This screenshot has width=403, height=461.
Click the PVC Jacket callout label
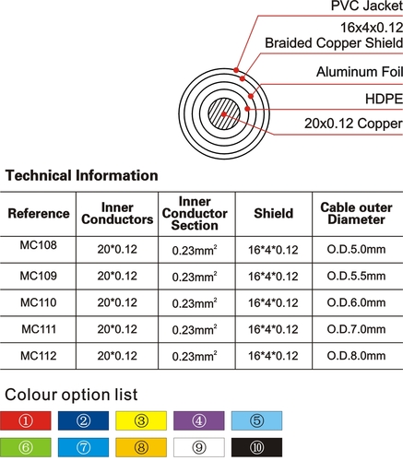tap(367, 6)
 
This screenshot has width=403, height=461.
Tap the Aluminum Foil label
tap(360, 72)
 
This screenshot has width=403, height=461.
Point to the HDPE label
tap(384, 99)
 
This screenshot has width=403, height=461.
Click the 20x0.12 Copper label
tap(353, 124)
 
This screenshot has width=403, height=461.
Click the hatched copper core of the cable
tap(224, 114)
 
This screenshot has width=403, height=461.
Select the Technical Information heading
tap(82, 175)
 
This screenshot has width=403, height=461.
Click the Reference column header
tap(39, 213)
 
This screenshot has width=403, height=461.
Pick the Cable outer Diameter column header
tap(356, 213)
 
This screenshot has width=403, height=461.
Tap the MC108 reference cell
tap(39, 245)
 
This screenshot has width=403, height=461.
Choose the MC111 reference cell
tap(39, 329)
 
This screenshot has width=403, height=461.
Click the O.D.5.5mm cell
tap(356, 276)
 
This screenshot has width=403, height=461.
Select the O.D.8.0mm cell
tap(356, 356)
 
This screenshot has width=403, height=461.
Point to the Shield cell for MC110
tap(273, 303)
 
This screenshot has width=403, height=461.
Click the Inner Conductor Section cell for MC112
tap(195, 356)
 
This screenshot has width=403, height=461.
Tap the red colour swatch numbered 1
tap(26, 420)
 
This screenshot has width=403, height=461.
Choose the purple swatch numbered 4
tap(199, 420)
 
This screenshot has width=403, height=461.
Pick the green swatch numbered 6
tap(26, 447)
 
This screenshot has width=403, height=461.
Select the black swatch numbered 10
tap(256, 447)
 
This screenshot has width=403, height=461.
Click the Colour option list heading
tap(71, 395)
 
